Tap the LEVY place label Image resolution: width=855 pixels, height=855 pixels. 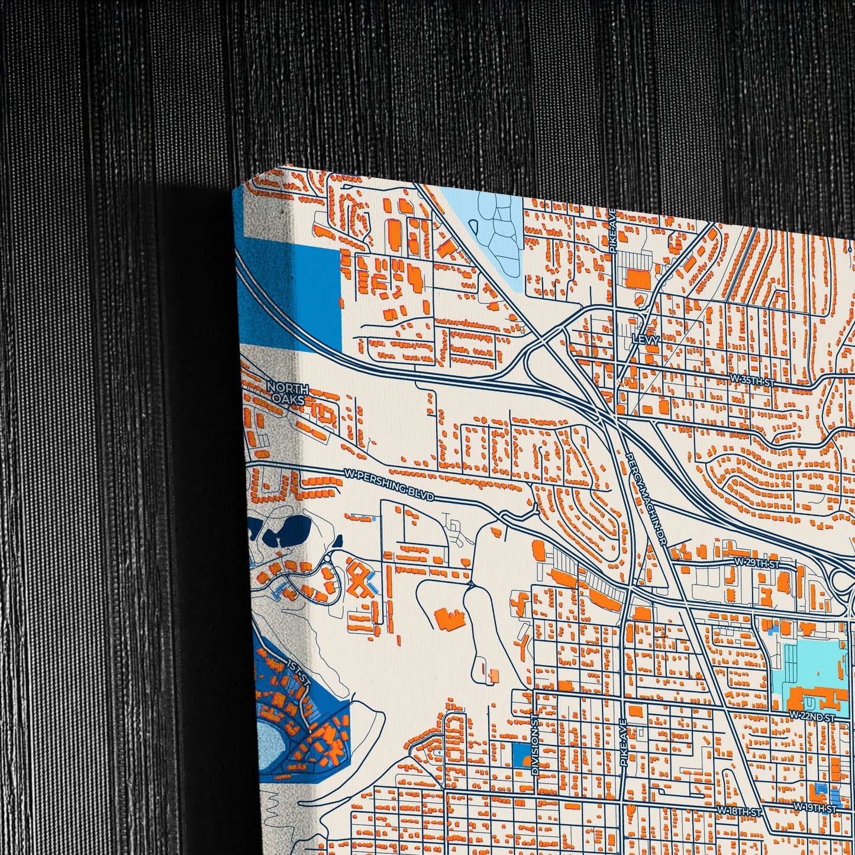[x=645, y=340]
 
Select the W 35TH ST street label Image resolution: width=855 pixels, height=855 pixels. [x=752, y=381]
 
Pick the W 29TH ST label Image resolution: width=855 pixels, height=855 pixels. [x=757, y=563]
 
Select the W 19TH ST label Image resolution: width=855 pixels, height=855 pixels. [x=815, y=808]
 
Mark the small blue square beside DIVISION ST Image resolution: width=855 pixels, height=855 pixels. [x=521, y=755]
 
